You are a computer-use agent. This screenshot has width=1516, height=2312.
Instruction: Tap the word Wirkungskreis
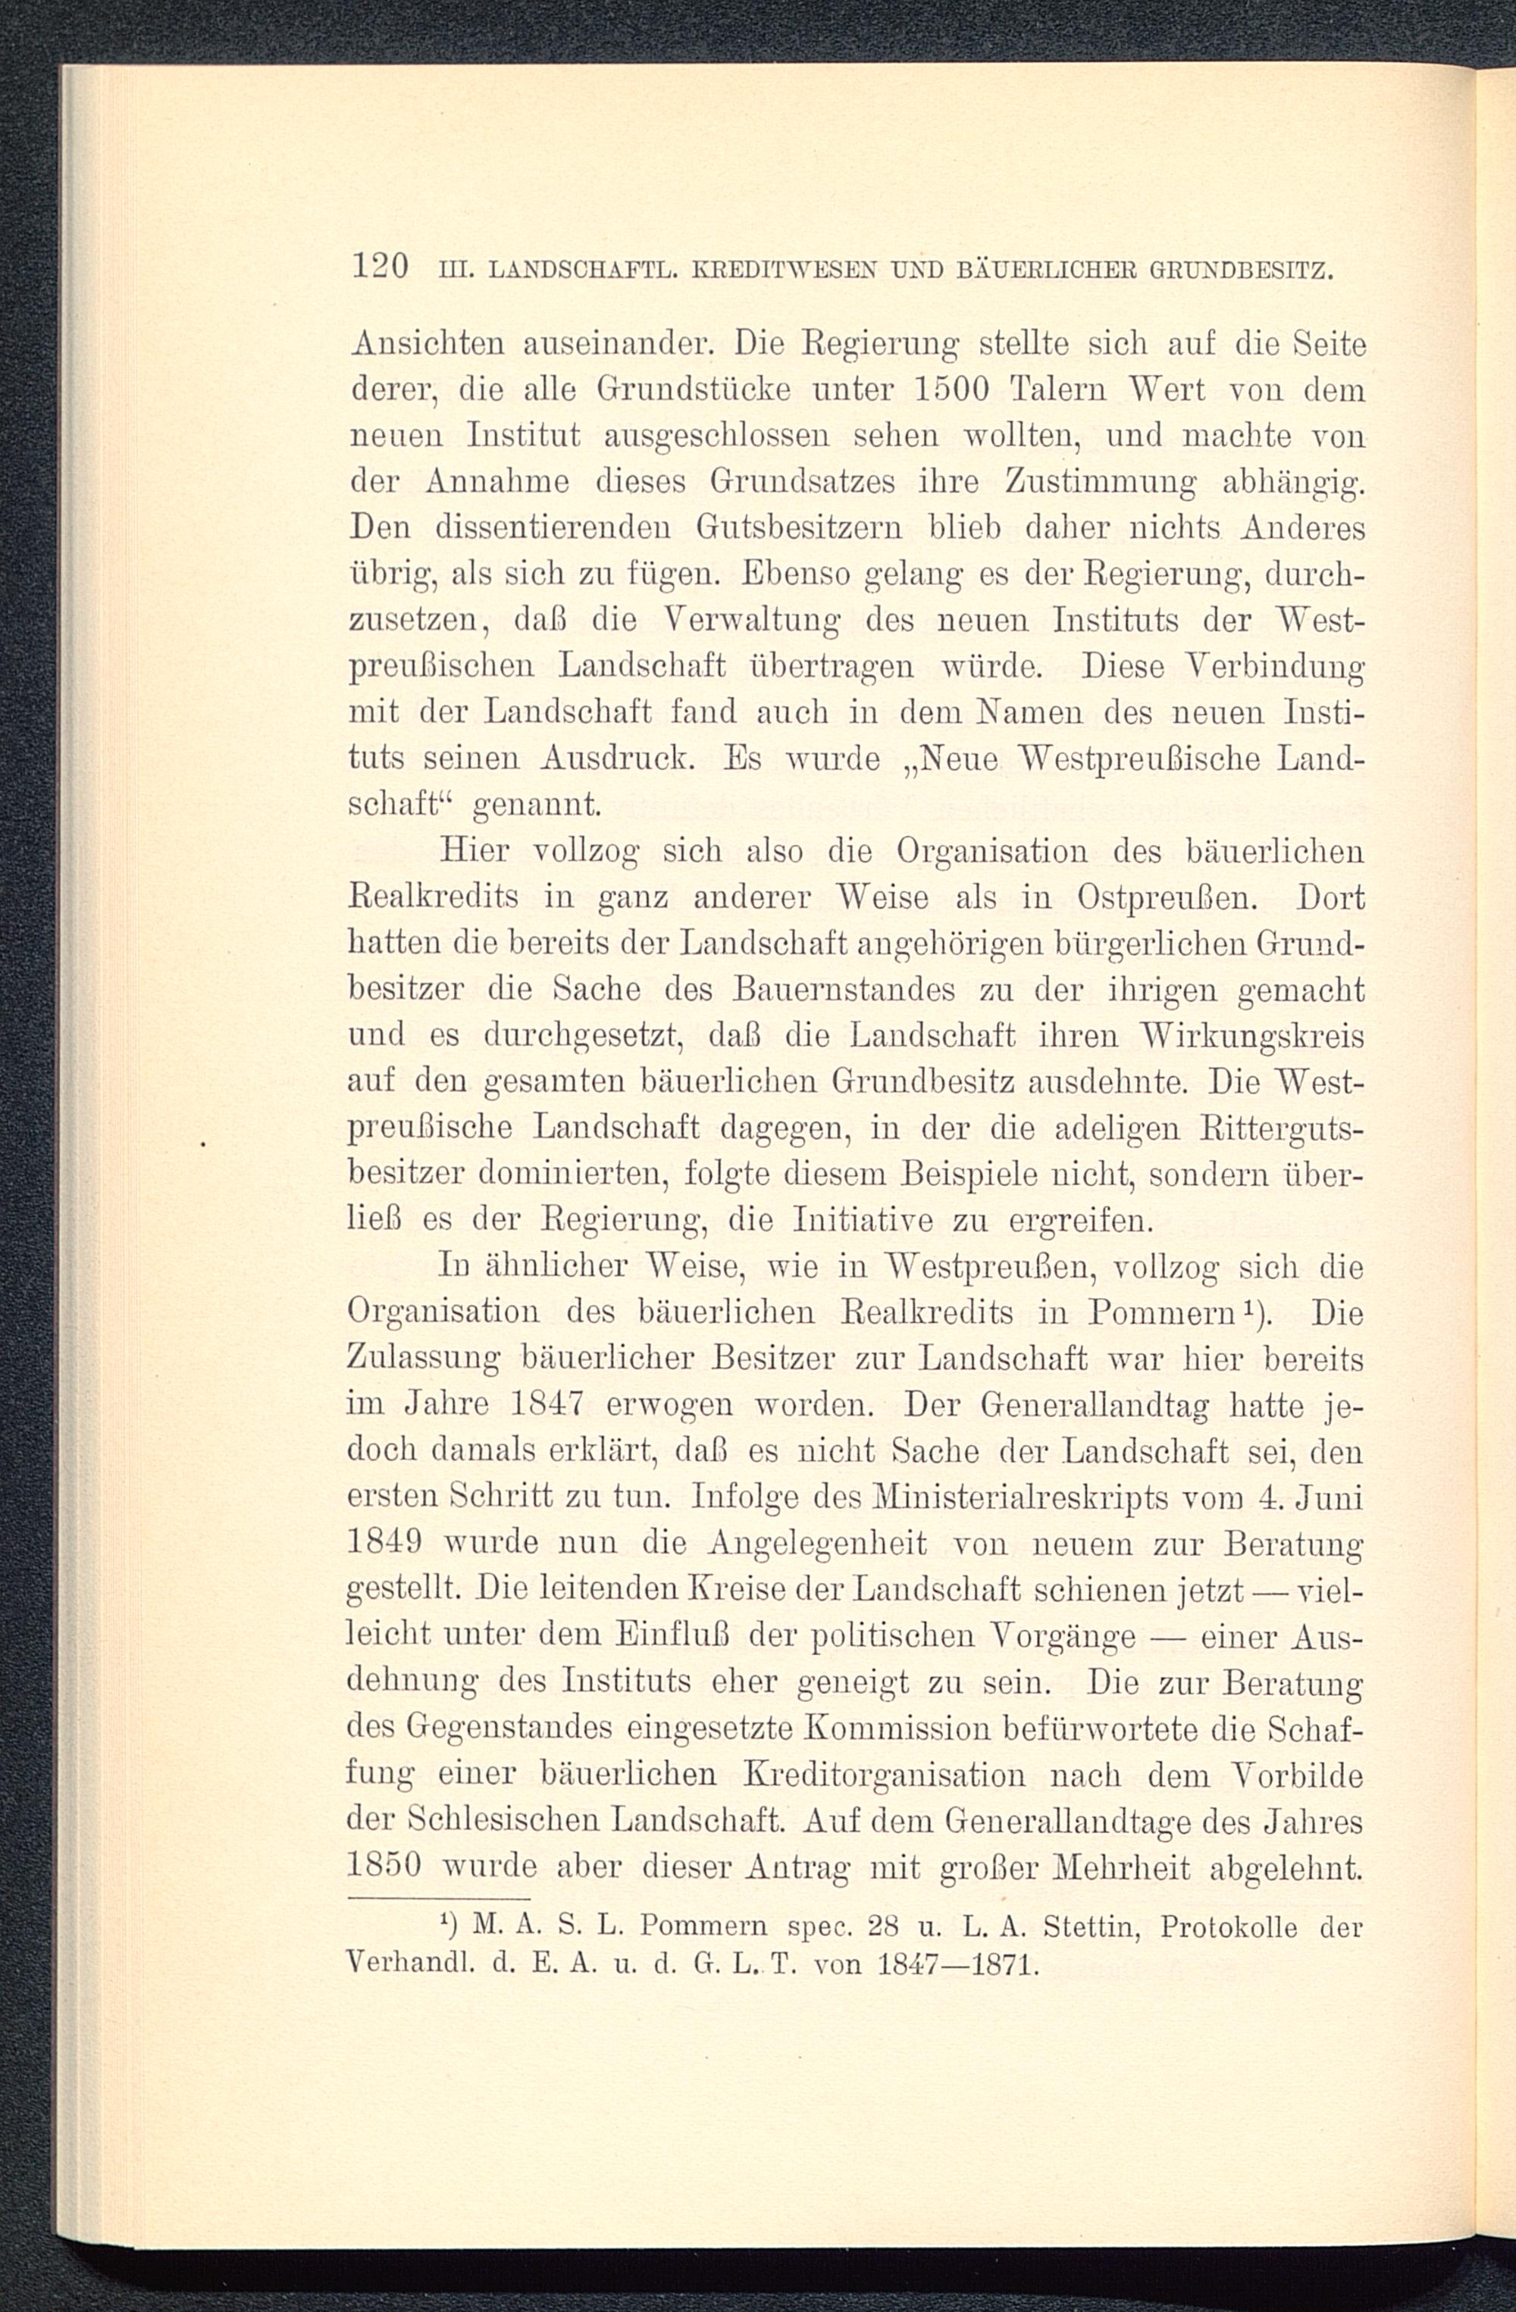pyautogui.click(x=1254, y=1036)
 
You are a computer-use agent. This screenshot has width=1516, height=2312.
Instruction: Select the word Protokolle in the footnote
pyautogui.click(x=1229, y=1926)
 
